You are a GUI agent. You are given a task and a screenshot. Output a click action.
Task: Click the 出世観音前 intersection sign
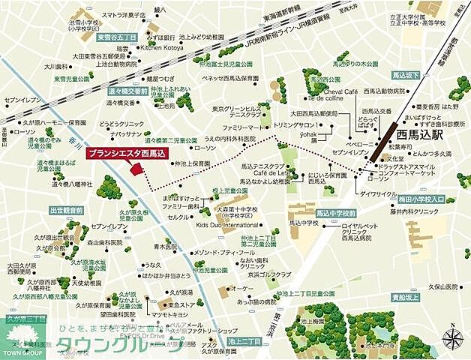click(67, 211)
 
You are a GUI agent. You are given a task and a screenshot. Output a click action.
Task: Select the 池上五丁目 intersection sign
click(244, 341)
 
